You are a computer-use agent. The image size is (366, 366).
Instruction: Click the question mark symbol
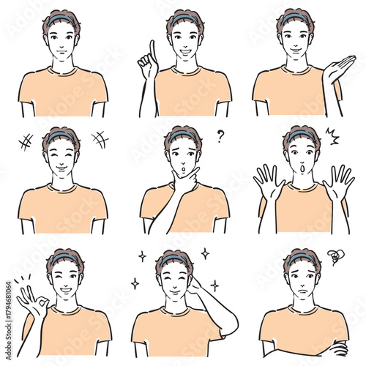220,135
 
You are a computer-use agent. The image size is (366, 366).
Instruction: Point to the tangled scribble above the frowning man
335,256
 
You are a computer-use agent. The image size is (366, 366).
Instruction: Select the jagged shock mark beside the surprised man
331,136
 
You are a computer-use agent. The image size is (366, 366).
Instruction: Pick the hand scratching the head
193,285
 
